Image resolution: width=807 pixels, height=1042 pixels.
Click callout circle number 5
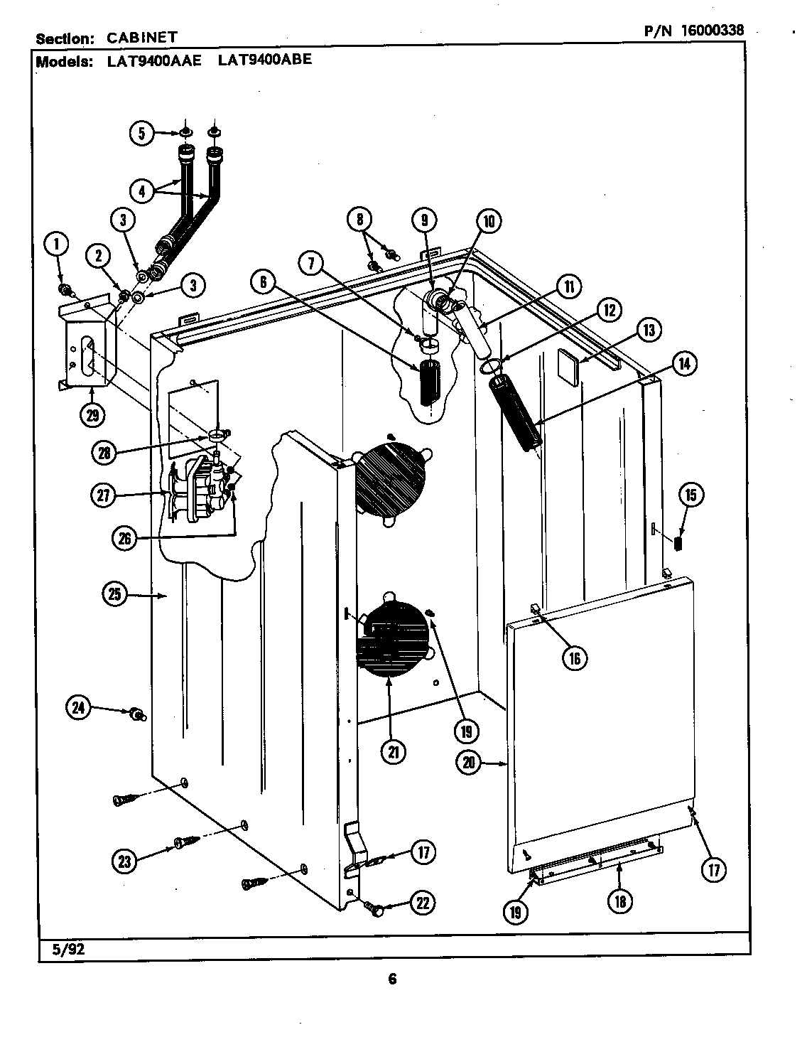click(142, 133)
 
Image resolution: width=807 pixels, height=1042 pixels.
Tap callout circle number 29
click(92, 414)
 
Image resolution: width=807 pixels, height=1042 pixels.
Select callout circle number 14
click(683, 364)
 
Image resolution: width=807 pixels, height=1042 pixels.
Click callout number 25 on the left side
click(116, 594)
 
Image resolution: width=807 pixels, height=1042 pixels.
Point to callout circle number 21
click(393, 752)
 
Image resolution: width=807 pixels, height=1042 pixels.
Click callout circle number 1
click(57, 245)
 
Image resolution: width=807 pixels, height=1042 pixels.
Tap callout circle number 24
click(79, 707)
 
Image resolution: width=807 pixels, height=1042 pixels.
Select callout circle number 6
click(263, 282)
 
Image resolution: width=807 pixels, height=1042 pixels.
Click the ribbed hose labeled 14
click(516, 413)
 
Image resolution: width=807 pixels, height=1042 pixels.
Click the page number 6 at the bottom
click(392, 979)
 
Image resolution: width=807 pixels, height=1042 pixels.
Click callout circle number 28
click(105, 453)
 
